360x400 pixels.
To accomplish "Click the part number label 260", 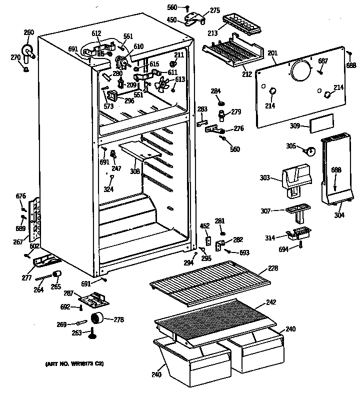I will point(28,32).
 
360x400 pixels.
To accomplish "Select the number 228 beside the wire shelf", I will point(272,268).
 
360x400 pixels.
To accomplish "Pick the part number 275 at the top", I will point(214,10).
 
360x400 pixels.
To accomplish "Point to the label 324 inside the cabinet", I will point(108,189).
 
